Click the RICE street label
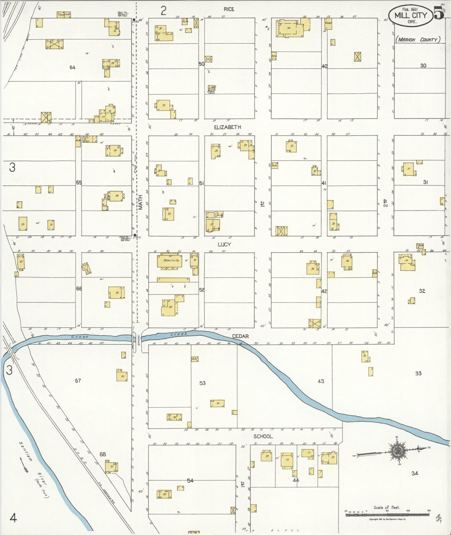[x=229, y=9]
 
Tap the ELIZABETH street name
[x=227, y=127]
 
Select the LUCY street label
[x=224, y=244]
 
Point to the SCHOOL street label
[x=263, y=436]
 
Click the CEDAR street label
[x=240, y=336]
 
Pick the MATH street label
[x=140, y=202]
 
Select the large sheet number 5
[x=439, y=14]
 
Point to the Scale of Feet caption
[x=387, y=508]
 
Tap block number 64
[x=72, y=67]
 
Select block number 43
[x=321, y=381]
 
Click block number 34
[x=414, y=473]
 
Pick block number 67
[x=78, y=380]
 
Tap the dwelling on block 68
[x=111, y=467]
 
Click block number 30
[x=423, y=66]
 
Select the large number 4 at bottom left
[x=13, y=518]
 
